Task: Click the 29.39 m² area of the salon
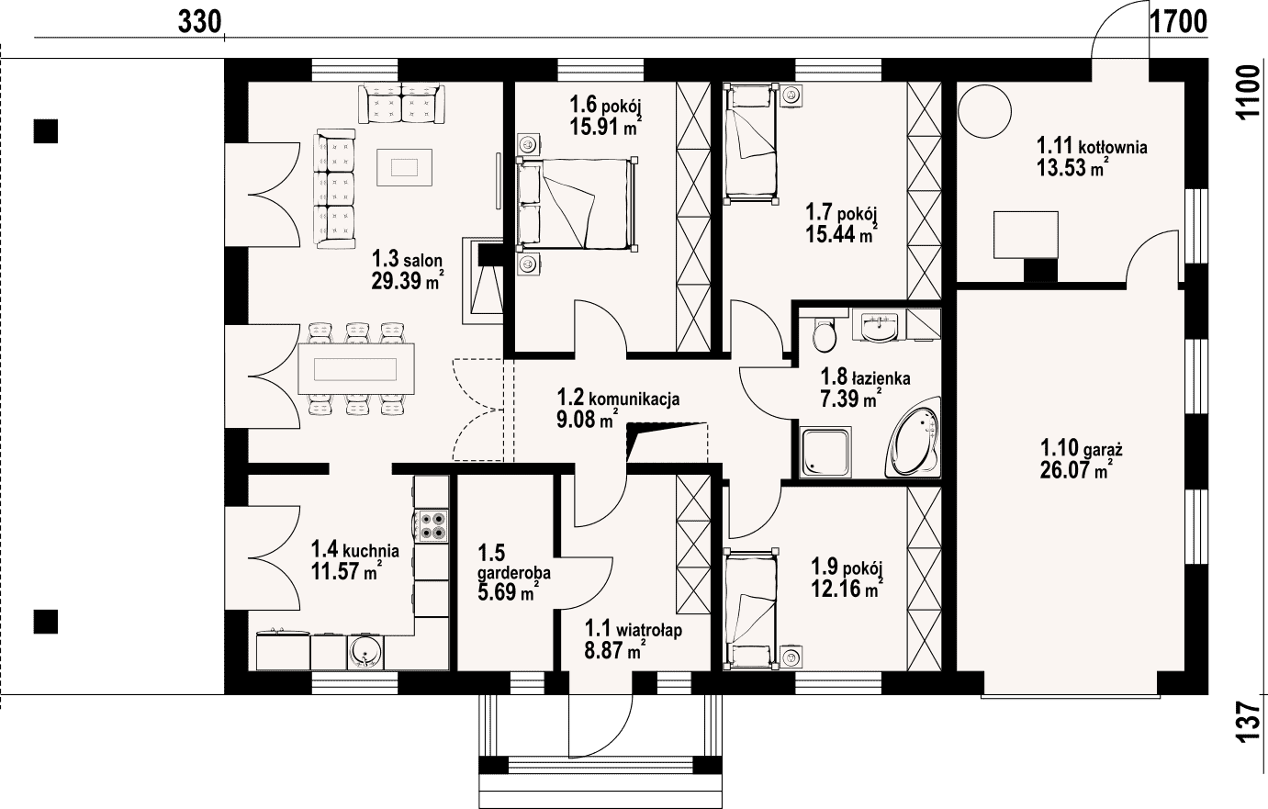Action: (x=407, y=280)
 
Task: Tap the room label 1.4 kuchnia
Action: (x=355, y=549)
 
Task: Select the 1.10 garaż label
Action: (x=1082, y=448)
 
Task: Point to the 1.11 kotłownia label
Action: (x=1092, y=146)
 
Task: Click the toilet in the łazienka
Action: (x=824, y=335)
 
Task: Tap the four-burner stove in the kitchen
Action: (x=432, y=523)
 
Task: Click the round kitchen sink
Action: (x=365, y=652)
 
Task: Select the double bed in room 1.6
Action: (x=577, y=203)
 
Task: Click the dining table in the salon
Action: (x=356, y=368)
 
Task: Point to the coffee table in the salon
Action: (x=404, y=167)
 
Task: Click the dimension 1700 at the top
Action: (x=1179, y=22)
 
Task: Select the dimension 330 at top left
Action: (x=199, y=22)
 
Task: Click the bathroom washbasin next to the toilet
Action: (x=878, y=325)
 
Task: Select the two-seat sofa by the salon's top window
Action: (x=401, y=104)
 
